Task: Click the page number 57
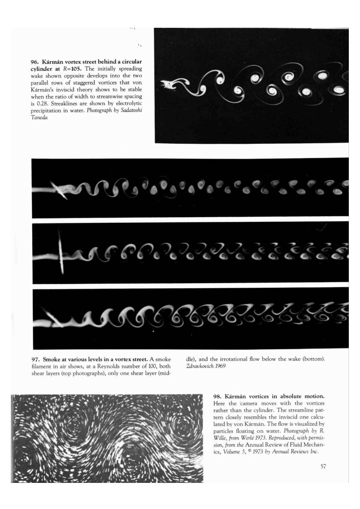point(324,466)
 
